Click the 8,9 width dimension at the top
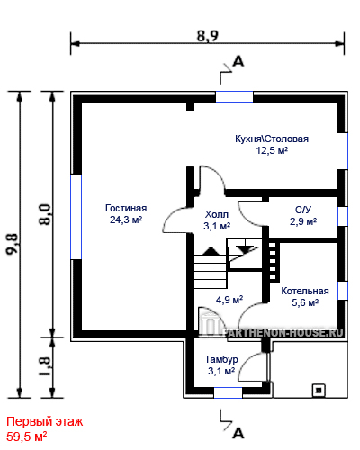point(208,36)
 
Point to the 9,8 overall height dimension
point(13,244)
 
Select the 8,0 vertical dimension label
point(45,214)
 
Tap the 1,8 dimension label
point(45,366)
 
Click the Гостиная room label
point(126,208)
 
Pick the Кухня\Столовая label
point(272,139)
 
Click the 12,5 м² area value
point(272,150)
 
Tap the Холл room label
point(217,214)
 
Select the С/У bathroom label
point(303,210)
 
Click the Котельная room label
point(305,291)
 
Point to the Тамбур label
point(221,359)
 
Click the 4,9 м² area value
point(229,300)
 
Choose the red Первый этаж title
point(45,422)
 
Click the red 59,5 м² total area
point(27,436)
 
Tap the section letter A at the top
point(238,62)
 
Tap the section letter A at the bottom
point(238,433)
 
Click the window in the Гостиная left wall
point(76,217)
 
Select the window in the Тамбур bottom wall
point(228,392)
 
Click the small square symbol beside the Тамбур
point(319,391)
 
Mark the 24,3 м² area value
point(126,220)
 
